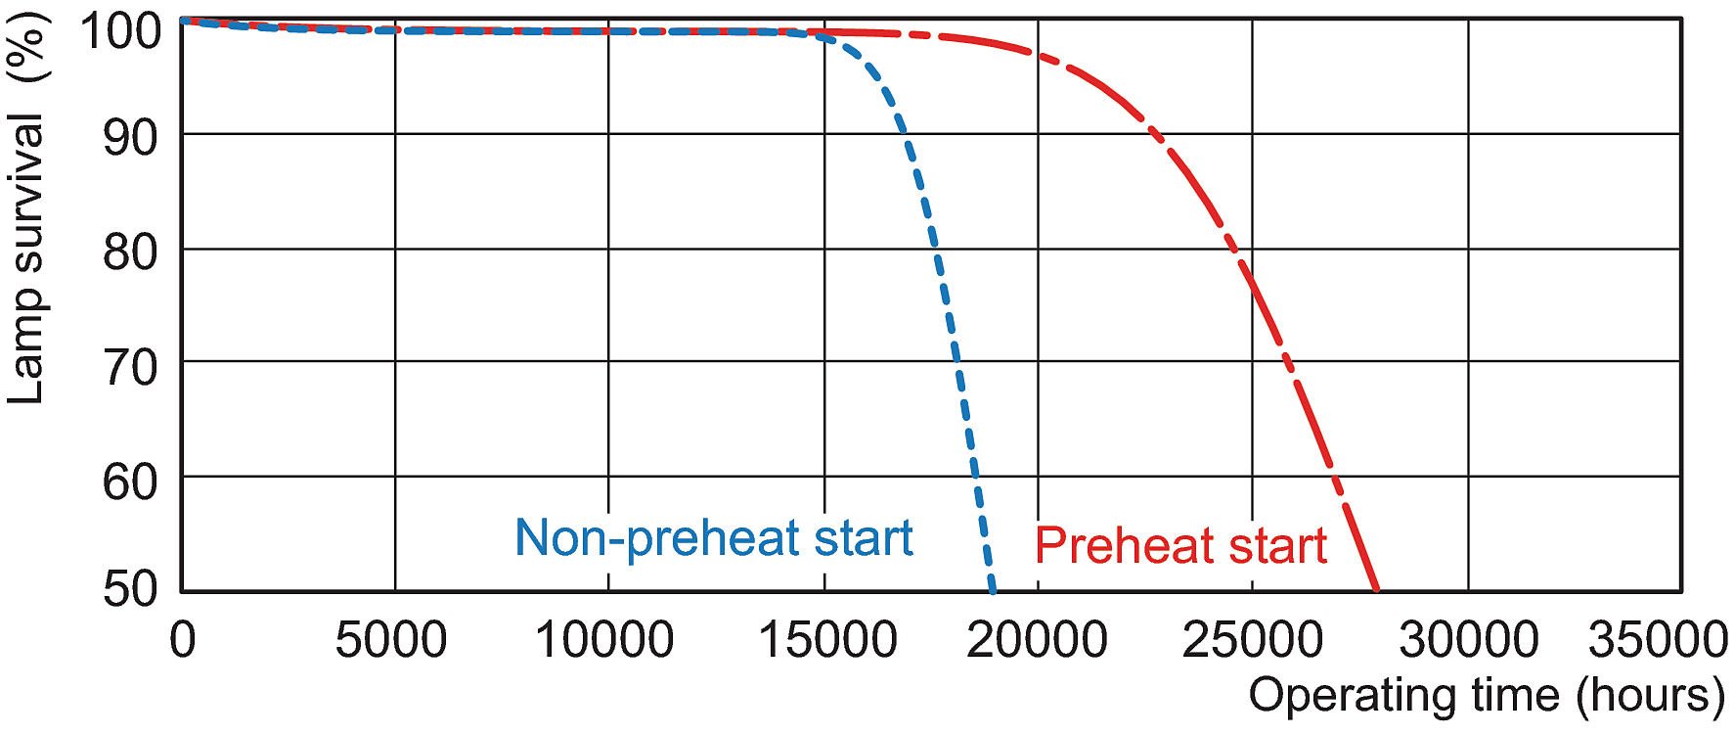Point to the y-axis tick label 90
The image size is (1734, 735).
tap(129, 138)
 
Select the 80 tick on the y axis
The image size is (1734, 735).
tap(129, 253)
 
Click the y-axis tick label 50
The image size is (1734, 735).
tap(129, 590)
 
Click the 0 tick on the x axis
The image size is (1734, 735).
tap(182, 640)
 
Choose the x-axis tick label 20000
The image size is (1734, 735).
tap(1038, 640)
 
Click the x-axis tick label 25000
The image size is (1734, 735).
tap(1252, 640)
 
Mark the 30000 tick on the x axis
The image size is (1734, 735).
tap(1468, 640)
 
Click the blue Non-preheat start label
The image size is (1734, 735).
tap(713, 537)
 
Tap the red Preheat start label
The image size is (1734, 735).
tap(1180, 545)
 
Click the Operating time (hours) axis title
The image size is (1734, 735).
tap(1487, 696)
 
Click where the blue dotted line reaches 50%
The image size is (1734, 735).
tap(993, 590)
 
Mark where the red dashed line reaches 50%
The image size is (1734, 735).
tap(1377, 590)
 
